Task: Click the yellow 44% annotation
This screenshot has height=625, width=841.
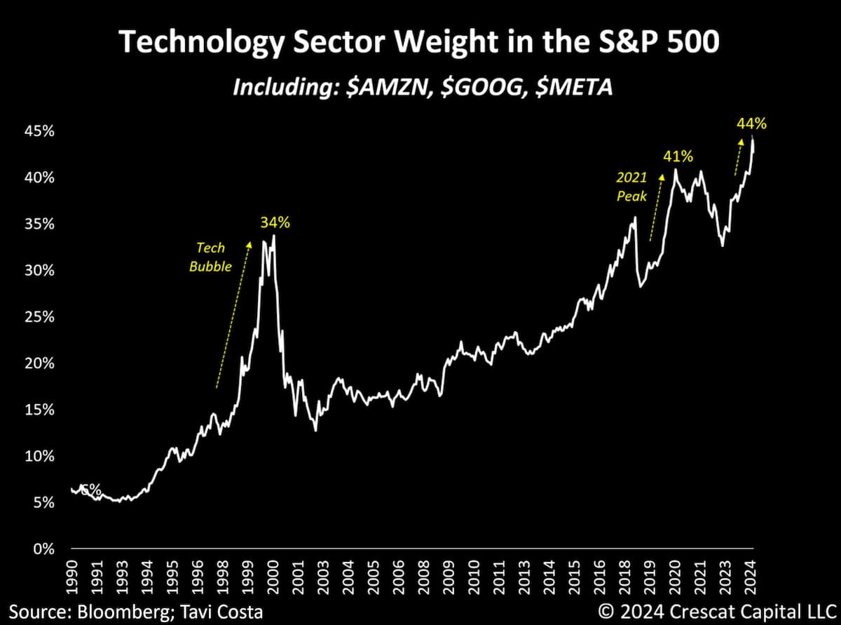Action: pos(751,123)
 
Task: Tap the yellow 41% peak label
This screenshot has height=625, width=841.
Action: pos(678,156)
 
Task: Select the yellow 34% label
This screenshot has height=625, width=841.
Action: pos(275,223)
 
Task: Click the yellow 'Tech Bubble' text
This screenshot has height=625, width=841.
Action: pos(210,257)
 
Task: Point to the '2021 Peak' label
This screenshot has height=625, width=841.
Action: pos(631,187)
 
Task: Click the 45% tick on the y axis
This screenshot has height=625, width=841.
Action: pos(39,131)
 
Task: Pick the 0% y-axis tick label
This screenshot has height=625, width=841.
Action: pos(44,549)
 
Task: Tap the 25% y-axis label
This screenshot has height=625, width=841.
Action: pos(39,317)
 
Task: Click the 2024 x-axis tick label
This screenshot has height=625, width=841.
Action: pos(750,577)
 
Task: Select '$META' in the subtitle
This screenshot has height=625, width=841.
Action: pos(574,87)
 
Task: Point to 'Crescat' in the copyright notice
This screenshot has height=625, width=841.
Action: pos(699,612)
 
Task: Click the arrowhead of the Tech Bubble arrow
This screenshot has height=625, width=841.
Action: pos(249,243)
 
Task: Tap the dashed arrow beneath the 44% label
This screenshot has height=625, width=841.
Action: pos(738,157)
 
